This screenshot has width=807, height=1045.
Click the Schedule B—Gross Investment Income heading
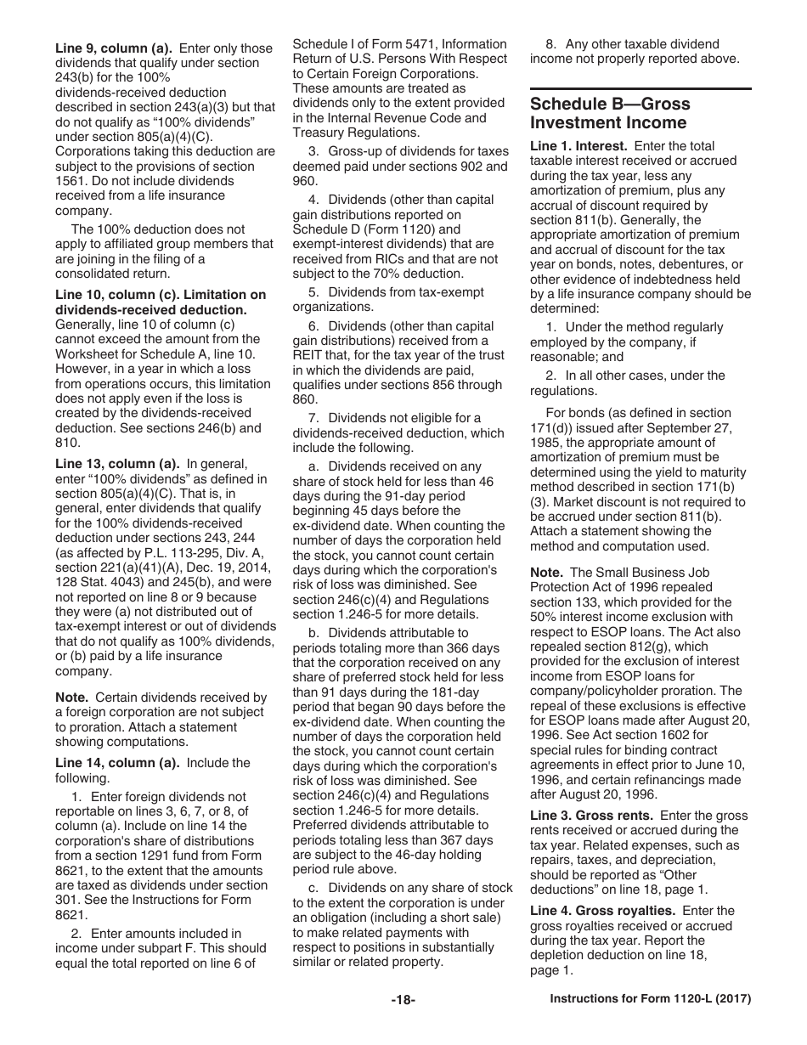pyautogui.click(x=610, y=113)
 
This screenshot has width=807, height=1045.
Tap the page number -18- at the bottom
pyautogui.click(x=403, y=1000)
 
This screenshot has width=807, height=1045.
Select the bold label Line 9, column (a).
pyautogui.click(x=104, y=48)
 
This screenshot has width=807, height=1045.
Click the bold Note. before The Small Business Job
pyautogui.click(x=546, y=573)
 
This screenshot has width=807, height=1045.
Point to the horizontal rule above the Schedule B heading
pyautogui.click(x=641, y=89)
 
